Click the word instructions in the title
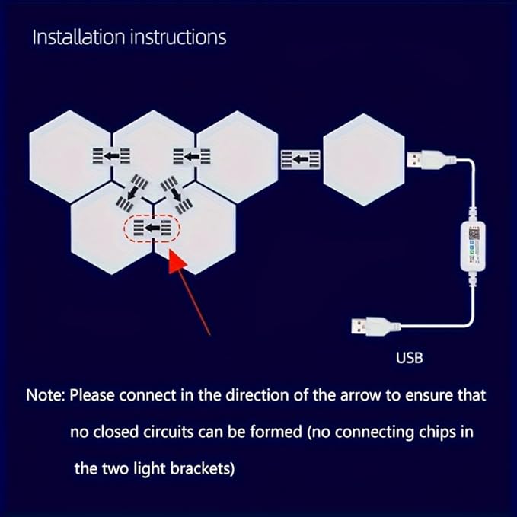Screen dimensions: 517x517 174,37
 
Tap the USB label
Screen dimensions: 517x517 410,356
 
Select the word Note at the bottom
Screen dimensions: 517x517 46,397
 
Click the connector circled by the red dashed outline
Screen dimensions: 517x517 152,228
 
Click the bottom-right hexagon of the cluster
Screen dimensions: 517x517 196,228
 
